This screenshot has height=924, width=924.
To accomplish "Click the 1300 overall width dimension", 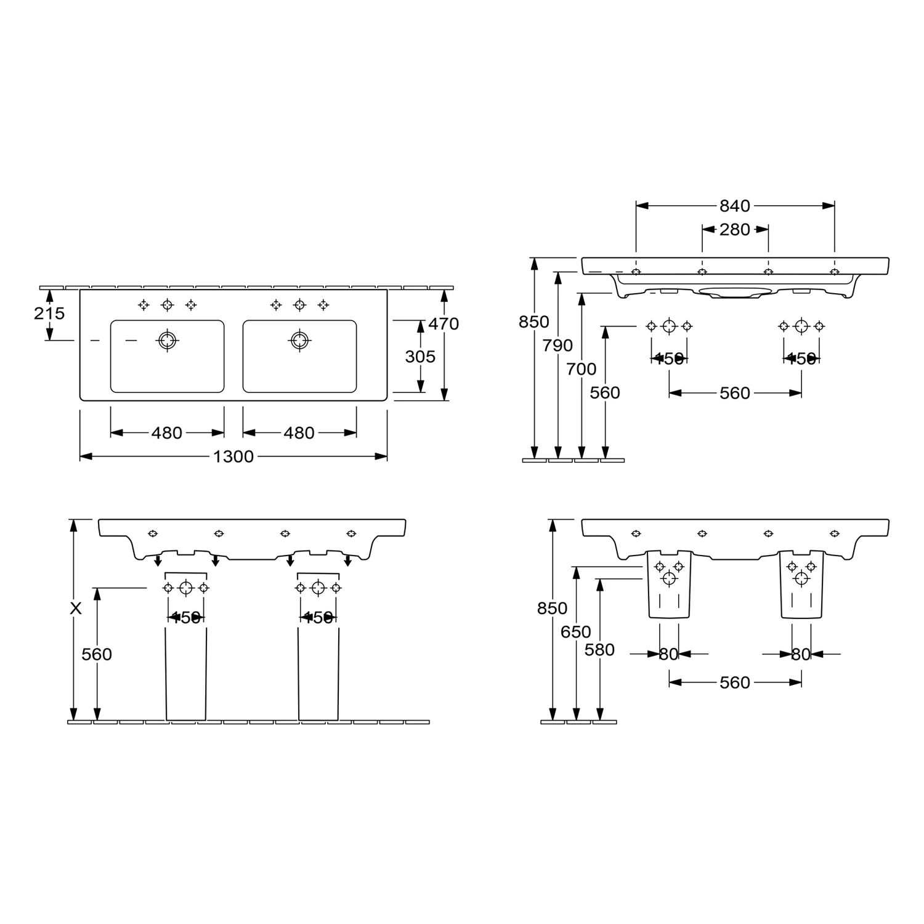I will (x=233, y=456).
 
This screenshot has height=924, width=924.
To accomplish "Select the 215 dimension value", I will (x=49, y=314).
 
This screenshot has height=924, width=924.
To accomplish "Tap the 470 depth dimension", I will (x=444, y=323).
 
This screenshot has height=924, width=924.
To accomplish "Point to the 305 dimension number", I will (x=420, y=357).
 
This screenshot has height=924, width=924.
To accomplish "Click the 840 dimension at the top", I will (x=735, y=206).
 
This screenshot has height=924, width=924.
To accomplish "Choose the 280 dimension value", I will (x=735, y=230).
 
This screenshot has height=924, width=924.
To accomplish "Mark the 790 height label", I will (x=557, y=346).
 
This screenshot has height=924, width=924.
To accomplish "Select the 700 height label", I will (x=582, y=369).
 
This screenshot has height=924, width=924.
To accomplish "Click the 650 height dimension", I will (x=576, y=632).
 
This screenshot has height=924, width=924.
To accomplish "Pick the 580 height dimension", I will (x=599, y=650).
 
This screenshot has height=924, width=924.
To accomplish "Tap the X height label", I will (x=75, y=609).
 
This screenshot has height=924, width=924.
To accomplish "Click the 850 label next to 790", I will (x=533, y=322).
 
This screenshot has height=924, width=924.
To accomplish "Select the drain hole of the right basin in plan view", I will (x=299, y=340).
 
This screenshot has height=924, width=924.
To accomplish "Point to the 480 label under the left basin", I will (x=167, y=433).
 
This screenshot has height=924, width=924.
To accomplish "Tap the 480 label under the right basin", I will (x=299, y=433).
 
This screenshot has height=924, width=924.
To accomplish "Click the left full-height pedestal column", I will (x=186, y=675).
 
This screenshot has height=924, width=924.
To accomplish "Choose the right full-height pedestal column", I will (x=318, y=675).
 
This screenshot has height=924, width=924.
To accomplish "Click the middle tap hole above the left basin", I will (x=167, y=304).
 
